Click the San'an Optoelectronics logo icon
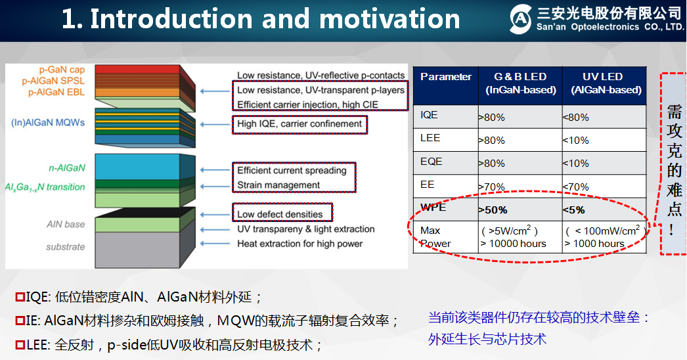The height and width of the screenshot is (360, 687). [520, 20]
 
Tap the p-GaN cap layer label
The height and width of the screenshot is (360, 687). [63, 70]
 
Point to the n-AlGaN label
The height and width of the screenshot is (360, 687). [67, 168]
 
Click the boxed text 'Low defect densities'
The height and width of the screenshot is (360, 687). [280, 214]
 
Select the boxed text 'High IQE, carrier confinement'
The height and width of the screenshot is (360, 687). [299, 124]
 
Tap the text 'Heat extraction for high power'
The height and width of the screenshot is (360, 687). [299, 244]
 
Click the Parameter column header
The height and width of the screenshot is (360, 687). [446, 77]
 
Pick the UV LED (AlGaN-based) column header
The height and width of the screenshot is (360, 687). [602, 83]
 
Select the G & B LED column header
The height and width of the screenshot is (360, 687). [520, 83]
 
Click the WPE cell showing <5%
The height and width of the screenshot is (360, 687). [574, 210]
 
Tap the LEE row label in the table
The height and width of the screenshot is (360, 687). [431, 138]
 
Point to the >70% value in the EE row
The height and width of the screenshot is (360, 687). [492, 187]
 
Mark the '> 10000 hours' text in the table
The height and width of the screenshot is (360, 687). [514, 244]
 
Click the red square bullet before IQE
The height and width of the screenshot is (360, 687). [20, 298]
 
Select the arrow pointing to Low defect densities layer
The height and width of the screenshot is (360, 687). [214, 214]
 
